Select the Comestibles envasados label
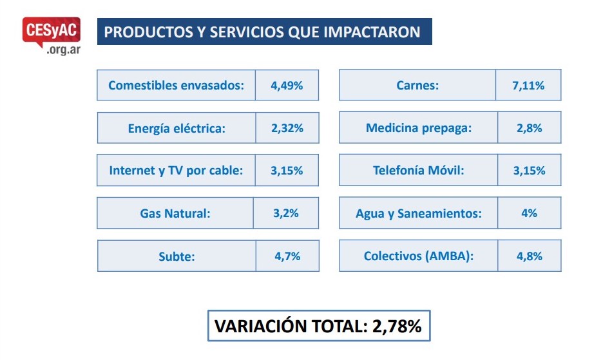176,85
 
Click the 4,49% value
287,85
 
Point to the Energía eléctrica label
177,128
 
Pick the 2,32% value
287,128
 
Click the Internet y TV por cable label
176,171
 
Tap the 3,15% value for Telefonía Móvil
529,171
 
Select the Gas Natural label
175,213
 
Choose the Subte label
177,256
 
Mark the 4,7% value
287,256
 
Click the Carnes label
417,85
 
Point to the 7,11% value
528,85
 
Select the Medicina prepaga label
419,128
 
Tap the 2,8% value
529,128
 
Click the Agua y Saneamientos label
419,213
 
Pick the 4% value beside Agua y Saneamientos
529,213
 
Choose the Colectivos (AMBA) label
419,256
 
